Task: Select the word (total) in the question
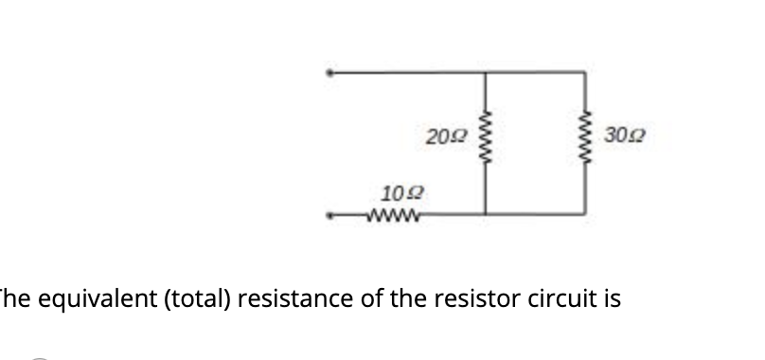pos(188,299)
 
